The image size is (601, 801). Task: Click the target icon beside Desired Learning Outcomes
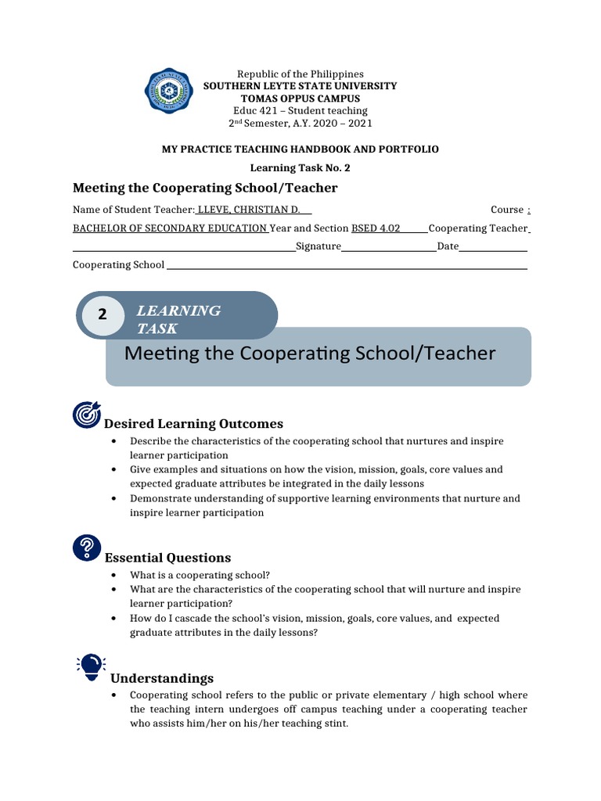[x=85, y=415]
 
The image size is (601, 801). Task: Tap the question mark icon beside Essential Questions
[x=86, y=548]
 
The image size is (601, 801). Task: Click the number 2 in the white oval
[x=102, y=315]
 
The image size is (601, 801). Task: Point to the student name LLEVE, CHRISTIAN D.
[x=254, y=210]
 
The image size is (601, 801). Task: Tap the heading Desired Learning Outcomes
[x=194, y=424]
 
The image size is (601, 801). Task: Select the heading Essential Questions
[x=168, y=558]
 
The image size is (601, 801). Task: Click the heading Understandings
[x=162, y=678]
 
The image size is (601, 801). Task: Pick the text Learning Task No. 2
[x=300, y=167]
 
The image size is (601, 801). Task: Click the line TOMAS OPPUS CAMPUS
[x=300, y=99]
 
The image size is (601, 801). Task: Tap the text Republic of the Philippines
[x=300, y=74]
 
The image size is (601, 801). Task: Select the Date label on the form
[x=448, y=246]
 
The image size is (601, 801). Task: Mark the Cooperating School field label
[x=118, y=264]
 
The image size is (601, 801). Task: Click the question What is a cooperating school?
[x=200, y=574]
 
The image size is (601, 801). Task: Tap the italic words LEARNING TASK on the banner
[x=178, y=319]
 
